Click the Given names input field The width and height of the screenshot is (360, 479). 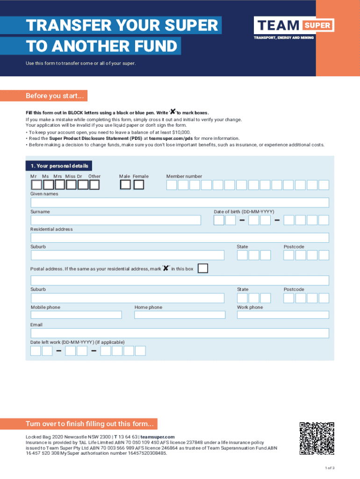pyautogui.click(x=180, y=203)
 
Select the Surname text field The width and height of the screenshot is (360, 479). pyautogui.click(x=115, y=220)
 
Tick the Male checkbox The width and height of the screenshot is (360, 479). pyautogui.click(x=125, y=185)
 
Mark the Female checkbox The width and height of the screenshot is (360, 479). pyautogui.click(x=139, y=185)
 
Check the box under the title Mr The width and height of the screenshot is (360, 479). pyautogui.click(x=36, y=185)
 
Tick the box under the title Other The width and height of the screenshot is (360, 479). pyautogui.click(x=94, y=185)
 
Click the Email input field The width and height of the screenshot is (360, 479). pyautogui.click(x=180, y=333)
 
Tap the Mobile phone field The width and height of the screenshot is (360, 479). pyautogui.click(x=76, y=315)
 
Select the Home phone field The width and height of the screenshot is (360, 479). pyautogui.click(x=180, y=315)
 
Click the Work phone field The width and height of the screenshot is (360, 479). pyautogui.click(x=283, y=315)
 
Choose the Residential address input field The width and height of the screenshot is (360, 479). pyautogui.click(x=180, y=238)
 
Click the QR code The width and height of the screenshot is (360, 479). pyautogui.click(x=317, y=438)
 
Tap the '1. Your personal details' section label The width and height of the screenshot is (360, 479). pyautogui.click(x=59, y=166)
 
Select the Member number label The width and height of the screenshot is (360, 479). pyautogui.click(x=184, y=176)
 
